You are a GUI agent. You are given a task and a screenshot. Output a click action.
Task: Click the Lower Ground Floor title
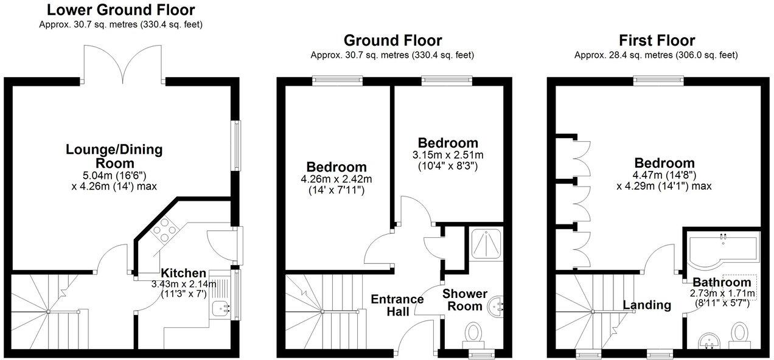point(121,10)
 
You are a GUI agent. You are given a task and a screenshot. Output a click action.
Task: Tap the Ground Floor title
point(392,41)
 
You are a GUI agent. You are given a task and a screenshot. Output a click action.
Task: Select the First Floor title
point(657,41)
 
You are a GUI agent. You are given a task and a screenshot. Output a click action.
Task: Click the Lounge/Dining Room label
point(114,156)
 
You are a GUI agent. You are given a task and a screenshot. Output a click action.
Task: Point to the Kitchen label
point(183,274)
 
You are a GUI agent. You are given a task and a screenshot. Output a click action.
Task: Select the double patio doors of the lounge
point(124,64)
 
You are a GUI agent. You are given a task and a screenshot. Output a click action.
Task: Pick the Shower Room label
point(465,300)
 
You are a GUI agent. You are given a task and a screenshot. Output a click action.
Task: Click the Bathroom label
point(722,282)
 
